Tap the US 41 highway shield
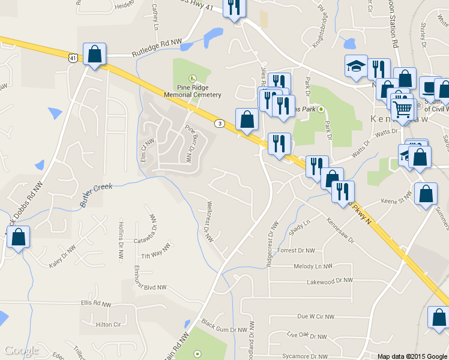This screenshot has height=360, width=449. click(x=73, y=58)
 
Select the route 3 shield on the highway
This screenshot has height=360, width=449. click(x=220, y=124)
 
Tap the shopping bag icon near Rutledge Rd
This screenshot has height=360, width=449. click(x=95, y=55)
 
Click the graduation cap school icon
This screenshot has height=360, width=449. click(x=356, y=66)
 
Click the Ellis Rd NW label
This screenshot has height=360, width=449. click(x=95, y=304)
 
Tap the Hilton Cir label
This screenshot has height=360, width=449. click(x=109, y=325)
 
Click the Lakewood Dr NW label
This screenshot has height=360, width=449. click(x=329, y=281)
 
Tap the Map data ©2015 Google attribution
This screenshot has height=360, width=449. click(x=412, y=356)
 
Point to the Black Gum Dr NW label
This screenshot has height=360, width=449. click(x=224, y=329)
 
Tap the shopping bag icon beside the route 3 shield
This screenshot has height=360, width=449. click(x=247, y=120)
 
